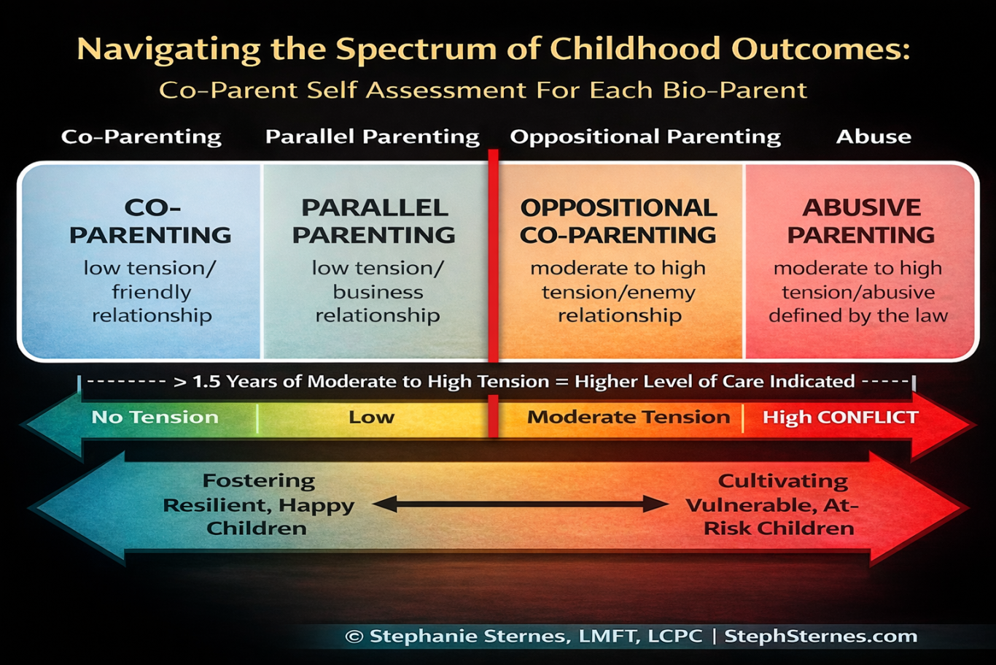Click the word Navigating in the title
tap(169, 50)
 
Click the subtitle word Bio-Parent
tap(734, 91)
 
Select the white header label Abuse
tap(874, 137)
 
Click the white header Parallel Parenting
tap(372, 137)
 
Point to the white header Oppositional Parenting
tap(645, 137)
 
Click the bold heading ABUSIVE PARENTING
tap(861, 221)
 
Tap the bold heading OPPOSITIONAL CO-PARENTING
tap(618, 222)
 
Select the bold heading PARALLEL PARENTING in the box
tap(374, 221)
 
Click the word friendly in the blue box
tap(151, 293)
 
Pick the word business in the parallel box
tap(378, 293)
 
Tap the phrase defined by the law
tap(859, 315)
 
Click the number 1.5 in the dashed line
tap(206, 382)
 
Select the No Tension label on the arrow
tap(155, 417)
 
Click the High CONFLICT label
tap(841, 417)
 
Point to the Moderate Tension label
tap(629, 417)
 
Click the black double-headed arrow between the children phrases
tap(520, 504)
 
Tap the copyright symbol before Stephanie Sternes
tap(354, 637)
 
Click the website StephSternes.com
tap(821, 637)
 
